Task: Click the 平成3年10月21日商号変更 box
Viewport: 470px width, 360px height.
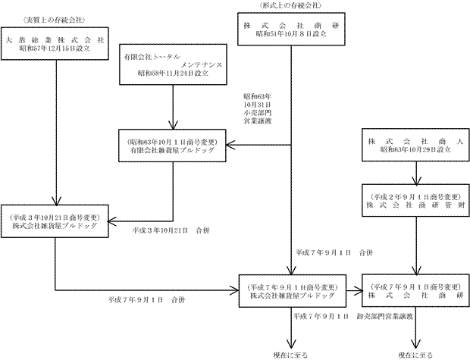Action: (55, 218)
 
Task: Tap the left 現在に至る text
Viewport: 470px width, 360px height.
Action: (292, 354)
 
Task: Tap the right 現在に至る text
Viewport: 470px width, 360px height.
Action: (415, 354)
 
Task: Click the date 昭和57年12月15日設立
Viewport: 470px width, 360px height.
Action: (55, 49)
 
